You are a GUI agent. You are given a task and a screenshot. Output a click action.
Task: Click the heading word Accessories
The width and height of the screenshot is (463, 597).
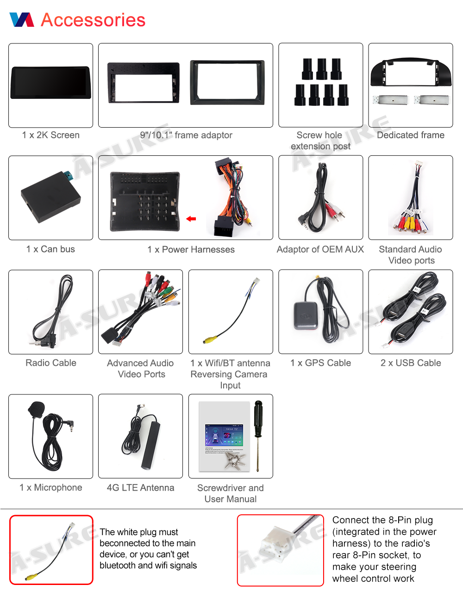coord(93,20)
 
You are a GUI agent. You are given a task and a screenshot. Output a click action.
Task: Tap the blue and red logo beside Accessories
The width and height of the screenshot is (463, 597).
coord(22,20)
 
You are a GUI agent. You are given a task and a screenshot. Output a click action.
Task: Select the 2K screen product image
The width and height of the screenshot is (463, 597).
coord(50,83)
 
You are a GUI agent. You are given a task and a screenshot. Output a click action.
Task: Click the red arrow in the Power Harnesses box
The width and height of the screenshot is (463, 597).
coord(191,219)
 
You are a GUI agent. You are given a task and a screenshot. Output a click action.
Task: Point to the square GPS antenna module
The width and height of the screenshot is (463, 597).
coord(306,316)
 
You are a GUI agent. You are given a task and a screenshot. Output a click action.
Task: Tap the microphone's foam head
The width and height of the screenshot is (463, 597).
coord(36,409)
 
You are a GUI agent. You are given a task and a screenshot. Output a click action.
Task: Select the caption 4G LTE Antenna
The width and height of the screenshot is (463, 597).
coord(140,487)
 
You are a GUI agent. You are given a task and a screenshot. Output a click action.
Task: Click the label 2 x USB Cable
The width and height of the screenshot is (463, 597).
coord(411,363)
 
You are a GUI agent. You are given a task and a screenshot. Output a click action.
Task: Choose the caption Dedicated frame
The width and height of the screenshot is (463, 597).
coord(411,135)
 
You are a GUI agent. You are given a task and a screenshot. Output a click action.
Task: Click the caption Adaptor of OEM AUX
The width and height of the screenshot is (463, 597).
coord(320,249)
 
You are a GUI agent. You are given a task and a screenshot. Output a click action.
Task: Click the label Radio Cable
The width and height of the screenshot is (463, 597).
coord(51,363)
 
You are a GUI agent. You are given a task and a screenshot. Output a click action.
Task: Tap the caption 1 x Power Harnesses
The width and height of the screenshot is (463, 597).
coord(191,250)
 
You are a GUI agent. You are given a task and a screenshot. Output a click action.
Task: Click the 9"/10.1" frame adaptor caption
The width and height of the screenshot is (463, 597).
coord(186,135)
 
